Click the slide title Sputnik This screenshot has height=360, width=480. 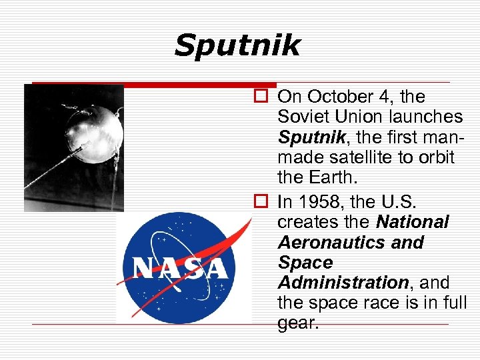[237, 47]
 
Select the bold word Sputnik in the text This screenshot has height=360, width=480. [310, 137]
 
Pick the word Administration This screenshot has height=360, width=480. [343, 283]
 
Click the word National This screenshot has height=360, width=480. [413, 221]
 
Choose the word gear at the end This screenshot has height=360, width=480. [298, 323]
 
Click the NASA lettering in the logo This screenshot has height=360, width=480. [181, 268]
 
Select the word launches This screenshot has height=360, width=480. [427, 117]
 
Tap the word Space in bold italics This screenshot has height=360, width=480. [305, 263]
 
